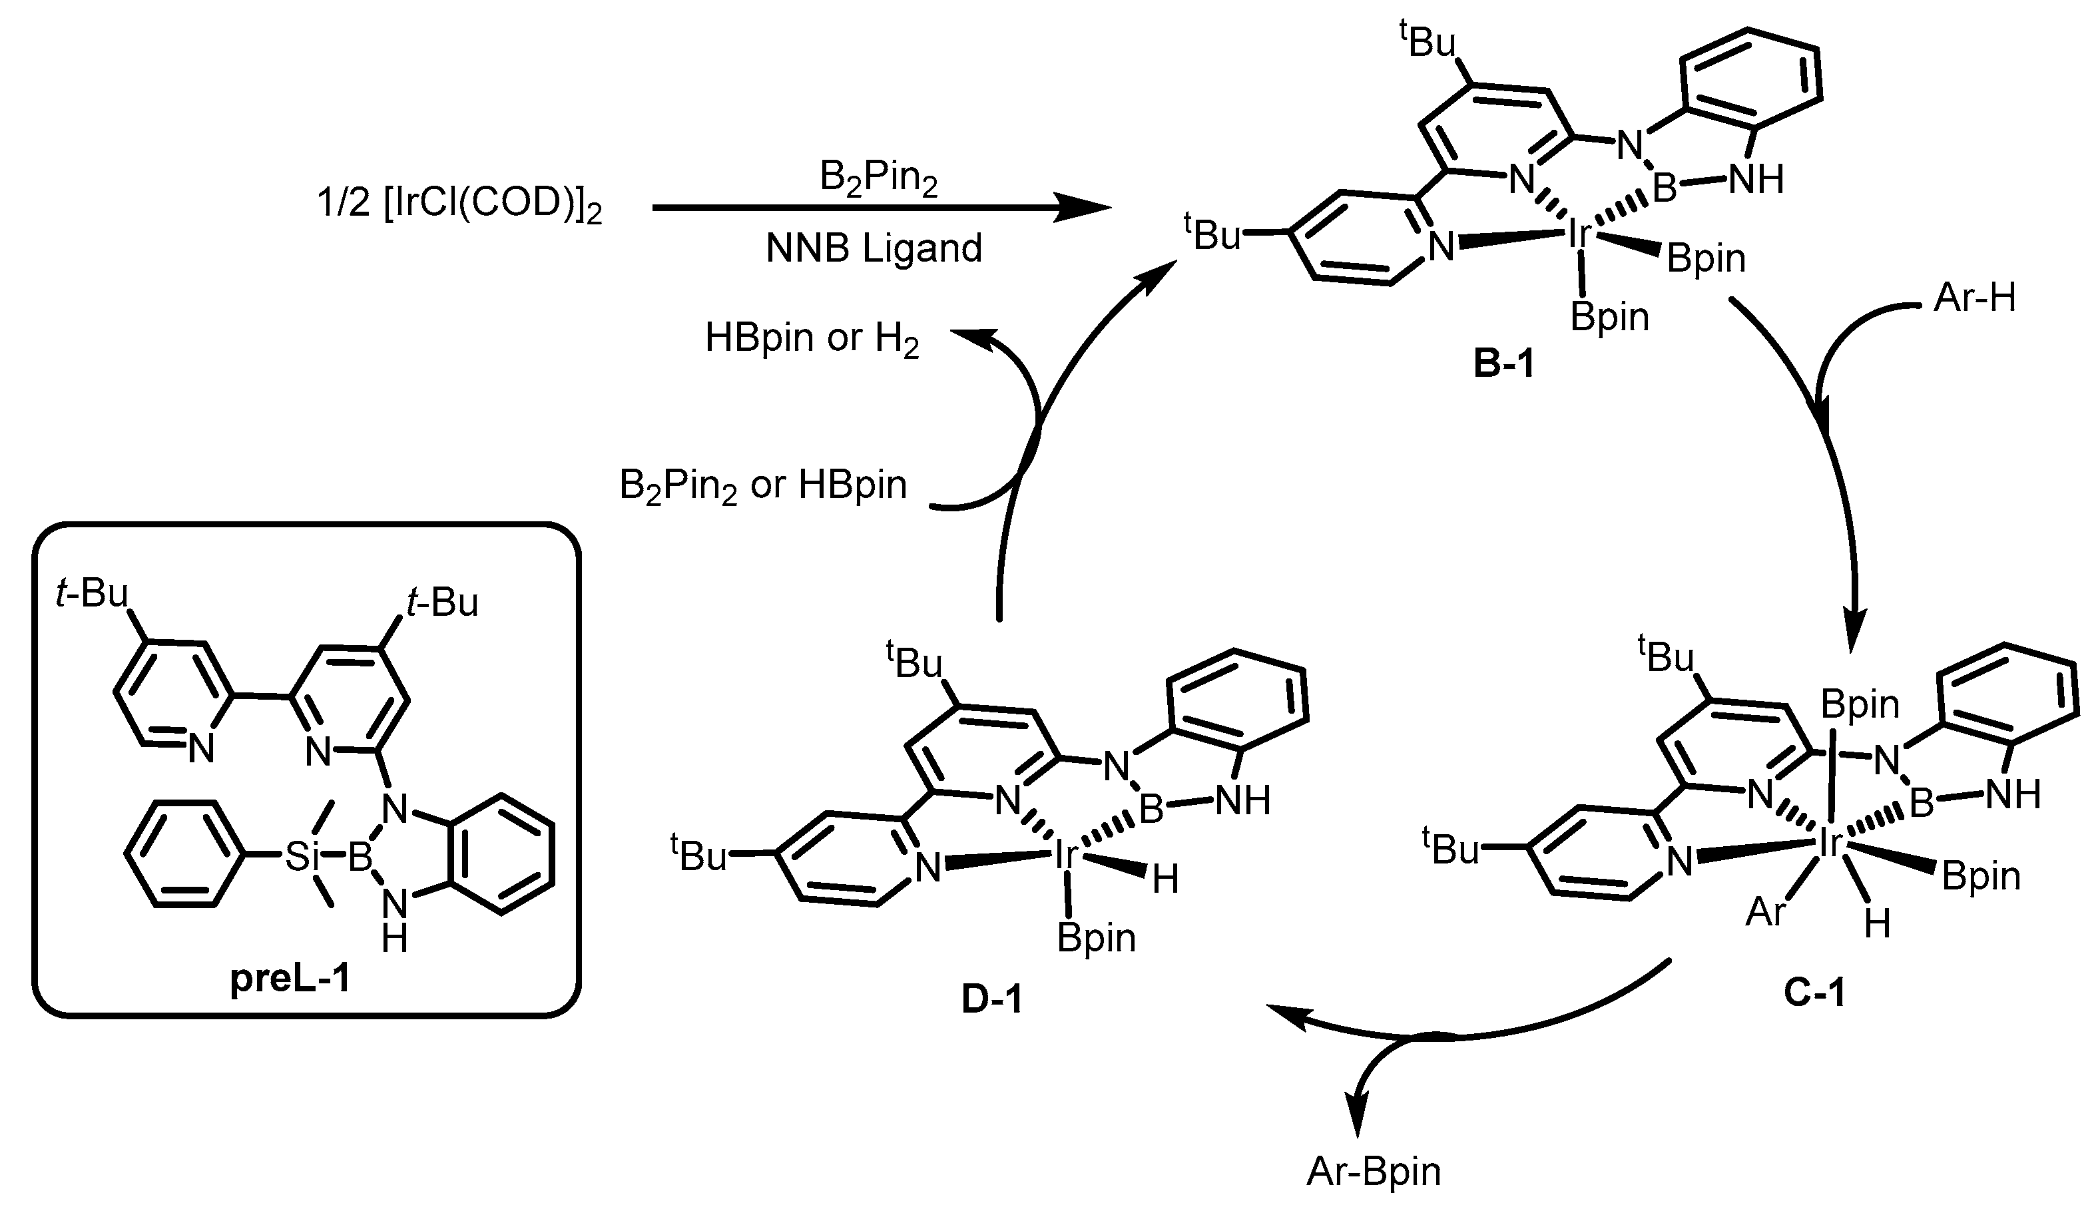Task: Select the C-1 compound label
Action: tap(1814, 991)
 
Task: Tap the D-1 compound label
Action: tap(992, 1000)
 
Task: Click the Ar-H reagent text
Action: tap(1974, 298)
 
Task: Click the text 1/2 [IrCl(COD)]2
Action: tap(459, 204)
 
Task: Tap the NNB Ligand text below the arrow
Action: tap(874, 248)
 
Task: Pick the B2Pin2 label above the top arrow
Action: tap(878, 177)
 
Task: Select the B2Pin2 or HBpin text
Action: tap(762, 485)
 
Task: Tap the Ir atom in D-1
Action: tap(1065, 853)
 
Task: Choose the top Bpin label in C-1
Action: tap(1860, 704)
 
